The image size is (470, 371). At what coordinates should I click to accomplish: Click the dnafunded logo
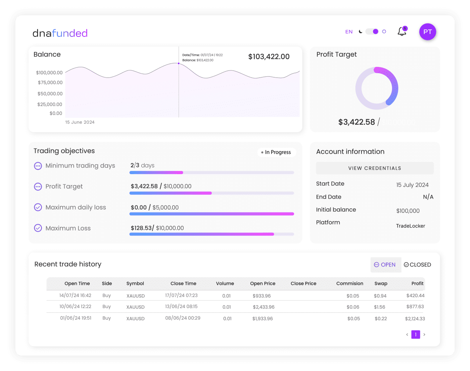pyautogui.click(x=60, y=33)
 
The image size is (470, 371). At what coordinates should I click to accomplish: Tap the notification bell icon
pyautogui.click(x=402, y=32)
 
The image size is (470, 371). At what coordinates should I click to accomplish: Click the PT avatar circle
pyautogui.click(x=427, y=32)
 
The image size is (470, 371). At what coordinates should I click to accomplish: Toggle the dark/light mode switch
pyautogui.click(x=372, y=32)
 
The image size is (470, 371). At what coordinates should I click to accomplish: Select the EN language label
pyautogui.click(x=349, y=32)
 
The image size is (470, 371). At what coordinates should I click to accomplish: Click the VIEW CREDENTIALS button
pyautogui.click(x=374, y=168)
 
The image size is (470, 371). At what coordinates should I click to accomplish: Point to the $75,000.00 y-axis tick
pyautogui.click(x=50, y=83)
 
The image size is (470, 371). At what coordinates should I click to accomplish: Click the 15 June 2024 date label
pyautogui.click(x=80, y=122)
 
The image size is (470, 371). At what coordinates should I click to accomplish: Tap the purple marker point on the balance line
pyautogui.click(x=179, y=63)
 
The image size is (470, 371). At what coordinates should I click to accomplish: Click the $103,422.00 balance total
pyautogui.click(x=269, y=57)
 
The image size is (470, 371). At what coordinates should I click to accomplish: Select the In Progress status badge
pyautogui.click(x=277, y=152)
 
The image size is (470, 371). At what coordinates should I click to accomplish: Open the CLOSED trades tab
pyautogui.click(x=417, y=265)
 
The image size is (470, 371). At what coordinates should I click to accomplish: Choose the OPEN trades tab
pyautogui.click(x=385, y=265)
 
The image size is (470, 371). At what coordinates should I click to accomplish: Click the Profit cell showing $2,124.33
pyautogui.click(x=415, y=319)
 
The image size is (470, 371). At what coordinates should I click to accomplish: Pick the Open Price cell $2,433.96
pyautogui.click(x=263, y=307)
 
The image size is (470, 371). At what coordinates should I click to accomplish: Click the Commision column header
pyautogui.click(x=349, y=284)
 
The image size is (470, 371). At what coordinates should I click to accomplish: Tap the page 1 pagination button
pyautogui.click(x=416, y=335)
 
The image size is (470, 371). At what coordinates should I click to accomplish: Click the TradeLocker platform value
pyautogui.click(x=410, y=226)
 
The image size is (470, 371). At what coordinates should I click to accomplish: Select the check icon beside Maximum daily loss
pyautogui.click(x=38, y=207)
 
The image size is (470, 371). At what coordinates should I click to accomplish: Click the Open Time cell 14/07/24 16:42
pyautogui.click(x=75, y=295)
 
